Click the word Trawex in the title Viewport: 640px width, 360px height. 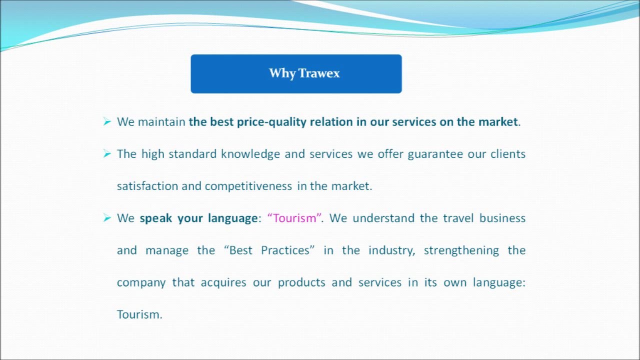coord(319,73)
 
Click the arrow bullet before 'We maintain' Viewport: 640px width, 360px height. coord(107,121)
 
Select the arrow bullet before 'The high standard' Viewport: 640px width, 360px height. coord(107,153)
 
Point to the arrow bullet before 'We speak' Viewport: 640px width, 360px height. coord(107,218)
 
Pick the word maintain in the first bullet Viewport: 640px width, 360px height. coord(161,122)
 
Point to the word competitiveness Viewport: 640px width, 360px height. coord(248,186)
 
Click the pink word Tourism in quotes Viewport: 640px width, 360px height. coord(294,218)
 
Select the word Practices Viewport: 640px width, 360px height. coord(285,250)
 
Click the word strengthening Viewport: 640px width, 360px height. coord(461,251)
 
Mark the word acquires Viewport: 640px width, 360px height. coord(223,283)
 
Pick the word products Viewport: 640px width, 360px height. coord(301,283)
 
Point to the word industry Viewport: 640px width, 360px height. coord(391,251)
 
